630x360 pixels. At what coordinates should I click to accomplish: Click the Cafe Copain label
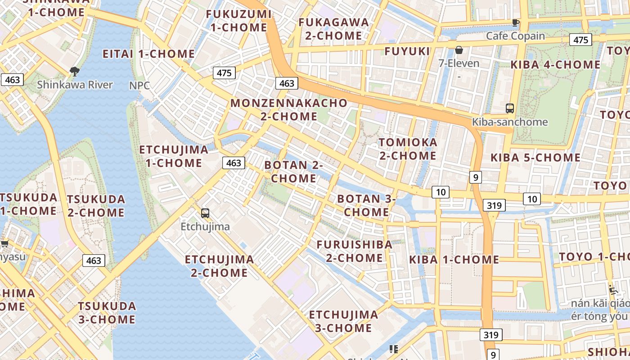[x=515, y=36]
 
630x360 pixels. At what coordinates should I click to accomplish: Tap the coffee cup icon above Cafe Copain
[x=516, y=22]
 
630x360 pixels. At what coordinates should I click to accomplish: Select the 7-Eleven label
[x=459, y=63]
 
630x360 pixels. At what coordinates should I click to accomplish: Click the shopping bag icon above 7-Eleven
[x=459, y=50]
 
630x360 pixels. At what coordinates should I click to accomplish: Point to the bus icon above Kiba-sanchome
[x=509, y=108]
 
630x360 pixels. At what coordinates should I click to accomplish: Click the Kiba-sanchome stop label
[x=509, y=122]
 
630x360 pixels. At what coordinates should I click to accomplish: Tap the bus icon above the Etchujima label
[x=205, y=213]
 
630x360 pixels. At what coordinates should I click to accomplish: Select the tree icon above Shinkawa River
[x=75, y=71]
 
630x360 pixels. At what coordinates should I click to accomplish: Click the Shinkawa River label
[x=75, y=85]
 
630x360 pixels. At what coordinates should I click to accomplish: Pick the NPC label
[x=139, y=85]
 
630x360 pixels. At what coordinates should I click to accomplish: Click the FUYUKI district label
[x=407, y=51]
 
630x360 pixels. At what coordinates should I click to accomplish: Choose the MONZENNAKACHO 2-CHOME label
[x=289, y=109]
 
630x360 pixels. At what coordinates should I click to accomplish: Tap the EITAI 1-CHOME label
[x=148, y=54]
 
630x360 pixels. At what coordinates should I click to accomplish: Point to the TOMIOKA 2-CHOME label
[x=408, y=149]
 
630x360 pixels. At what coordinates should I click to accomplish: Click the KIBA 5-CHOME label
[x=535, y=157]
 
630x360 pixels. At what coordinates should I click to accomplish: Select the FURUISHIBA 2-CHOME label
[x=355, y=251]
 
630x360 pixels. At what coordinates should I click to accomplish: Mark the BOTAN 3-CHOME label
[x=366, y=205]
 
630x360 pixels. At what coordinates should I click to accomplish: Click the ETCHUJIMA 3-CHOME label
[x=343, y=321]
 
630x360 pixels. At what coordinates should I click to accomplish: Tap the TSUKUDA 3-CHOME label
[x=107, y=313]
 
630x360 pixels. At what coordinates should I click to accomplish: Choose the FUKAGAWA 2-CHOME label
[x=333, y=29]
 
